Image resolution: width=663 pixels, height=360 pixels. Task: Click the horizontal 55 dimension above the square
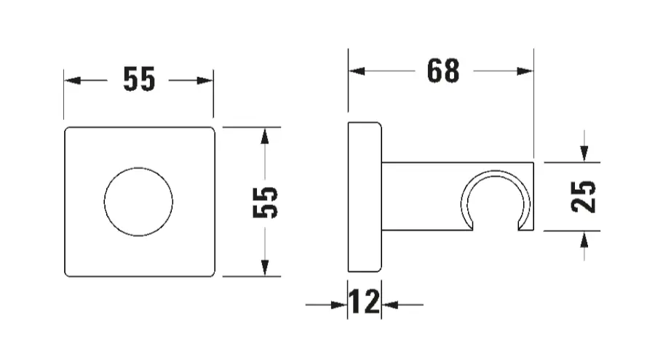click(139, 79)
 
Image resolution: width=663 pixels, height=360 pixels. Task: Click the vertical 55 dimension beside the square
click(265, 202)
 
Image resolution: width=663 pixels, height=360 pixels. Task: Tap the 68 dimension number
click(443, 71)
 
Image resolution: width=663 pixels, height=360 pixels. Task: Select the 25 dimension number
click(583, 196)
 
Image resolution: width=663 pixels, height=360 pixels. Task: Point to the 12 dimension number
click(364, 302)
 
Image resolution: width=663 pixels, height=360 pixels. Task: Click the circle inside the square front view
click(138, 201)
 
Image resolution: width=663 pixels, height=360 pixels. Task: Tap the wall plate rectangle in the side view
click(365, 197)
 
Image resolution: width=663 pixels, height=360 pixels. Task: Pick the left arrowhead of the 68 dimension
click(357, 71)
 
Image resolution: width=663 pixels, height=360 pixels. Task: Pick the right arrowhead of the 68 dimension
click(525, 71)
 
